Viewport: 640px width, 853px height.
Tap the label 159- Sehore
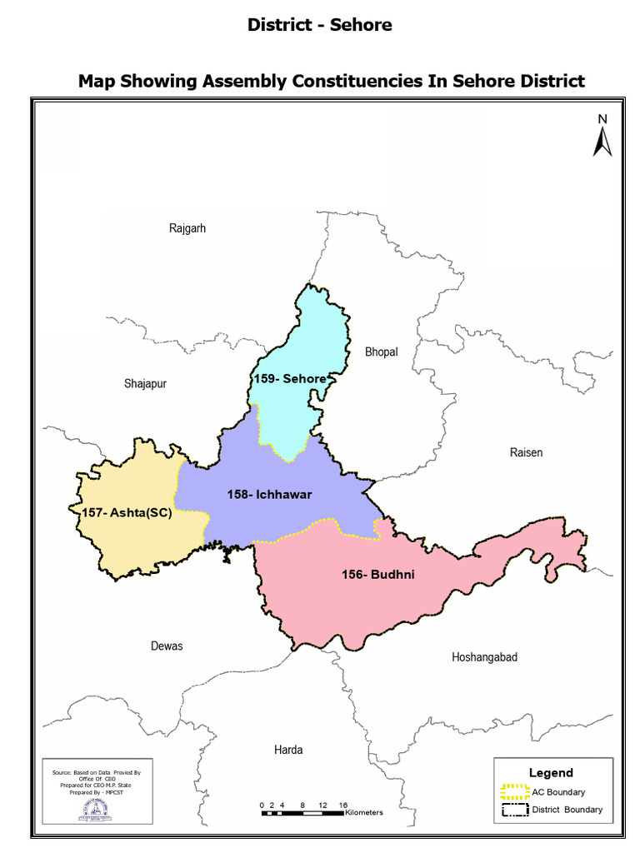290,378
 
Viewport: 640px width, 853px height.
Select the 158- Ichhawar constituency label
269,495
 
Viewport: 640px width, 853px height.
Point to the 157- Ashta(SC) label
127,513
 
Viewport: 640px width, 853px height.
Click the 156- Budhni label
378,575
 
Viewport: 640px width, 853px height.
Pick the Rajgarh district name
187,227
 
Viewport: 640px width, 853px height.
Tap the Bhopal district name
382,352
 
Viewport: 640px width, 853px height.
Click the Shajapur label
145,384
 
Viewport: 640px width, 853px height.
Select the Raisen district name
526,452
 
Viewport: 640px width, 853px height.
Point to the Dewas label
167,646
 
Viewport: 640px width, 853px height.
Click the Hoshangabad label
484,657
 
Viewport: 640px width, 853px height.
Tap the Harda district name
288,750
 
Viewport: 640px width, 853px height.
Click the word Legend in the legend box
551,772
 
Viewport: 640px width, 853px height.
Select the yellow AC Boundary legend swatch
515,791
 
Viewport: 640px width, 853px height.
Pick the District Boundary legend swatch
515,810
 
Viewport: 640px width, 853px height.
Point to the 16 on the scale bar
343,805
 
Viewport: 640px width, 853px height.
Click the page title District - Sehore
320,25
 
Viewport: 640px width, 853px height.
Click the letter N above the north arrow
602,120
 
